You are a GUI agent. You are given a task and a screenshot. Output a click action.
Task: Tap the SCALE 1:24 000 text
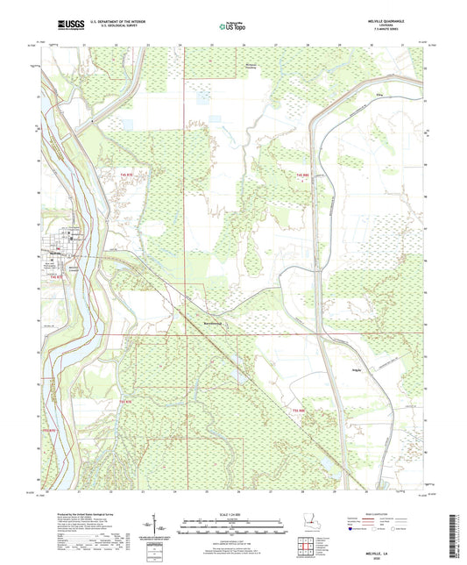(x=232, y=512)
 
